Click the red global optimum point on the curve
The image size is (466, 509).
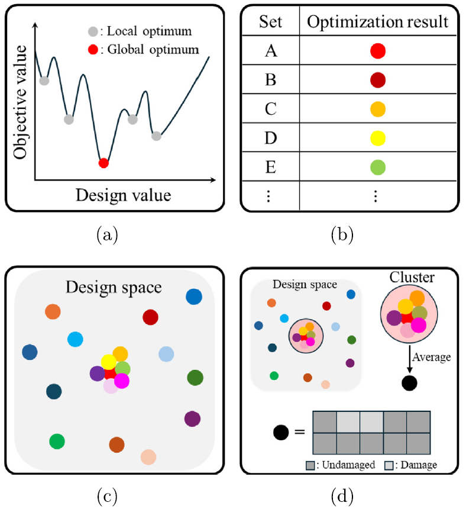pos(103,162)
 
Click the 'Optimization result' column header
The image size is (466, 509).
pos(378,23)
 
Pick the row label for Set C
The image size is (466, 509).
pos(271,109)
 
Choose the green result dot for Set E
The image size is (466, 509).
pos(378,167)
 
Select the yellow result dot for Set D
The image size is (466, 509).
pos(378,138)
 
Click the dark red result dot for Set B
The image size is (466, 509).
pos(378,80)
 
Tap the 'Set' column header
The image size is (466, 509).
pos(271,23)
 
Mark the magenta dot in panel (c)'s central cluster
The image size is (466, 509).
pos(122,381)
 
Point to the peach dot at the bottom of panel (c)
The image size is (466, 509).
pos(148,457)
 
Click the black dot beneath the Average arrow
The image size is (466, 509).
pos(409,383)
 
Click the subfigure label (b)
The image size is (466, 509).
pos(342,235)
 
